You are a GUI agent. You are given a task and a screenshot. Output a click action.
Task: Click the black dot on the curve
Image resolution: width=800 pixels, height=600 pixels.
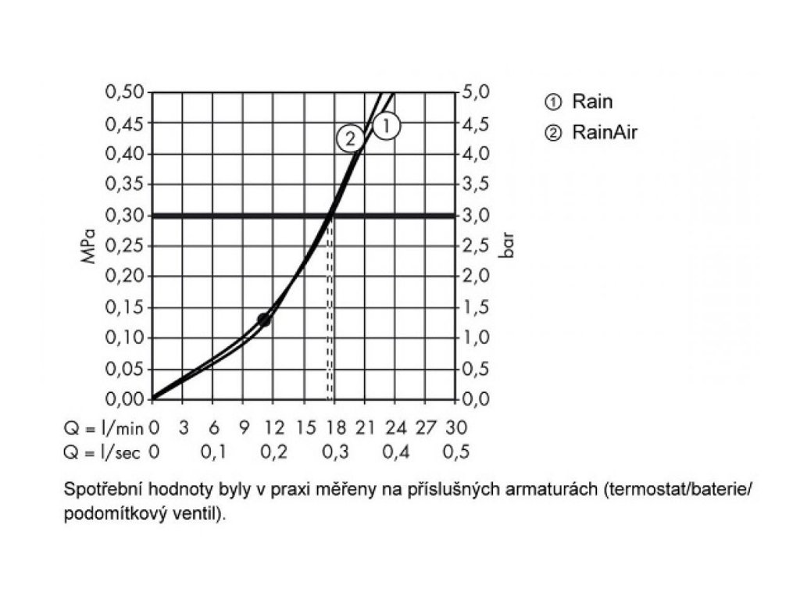(x=264, y=320)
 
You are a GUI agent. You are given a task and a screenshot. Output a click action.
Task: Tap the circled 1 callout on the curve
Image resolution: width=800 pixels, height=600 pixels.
(x=386, y=126)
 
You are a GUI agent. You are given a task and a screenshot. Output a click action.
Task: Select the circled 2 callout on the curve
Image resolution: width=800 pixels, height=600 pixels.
(x=349, y=139)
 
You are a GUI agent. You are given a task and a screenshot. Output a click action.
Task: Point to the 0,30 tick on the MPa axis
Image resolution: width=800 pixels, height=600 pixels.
(x=125, y=215)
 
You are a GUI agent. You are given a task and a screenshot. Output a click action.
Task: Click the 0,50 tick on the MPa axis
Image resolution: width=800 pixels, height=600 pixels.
(x=125, y=92)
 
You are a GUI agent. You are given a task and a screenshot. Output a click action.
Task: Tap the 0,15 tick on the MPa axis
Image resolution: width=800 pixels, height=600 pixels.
(x=125, y=307)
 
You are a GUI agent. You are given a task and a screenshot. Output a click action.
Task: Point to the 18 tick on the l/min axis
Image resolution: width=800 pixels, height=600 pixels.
(x=335, y=427)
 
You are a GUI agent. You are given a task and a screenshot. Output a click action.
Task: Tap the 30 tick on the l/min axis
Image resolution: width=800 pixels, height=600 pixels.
(x=456, y=427)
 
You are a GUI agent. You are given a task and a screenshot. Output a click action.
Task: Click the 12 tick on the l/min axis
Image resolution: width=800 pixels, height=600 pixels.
(x=274, y=427)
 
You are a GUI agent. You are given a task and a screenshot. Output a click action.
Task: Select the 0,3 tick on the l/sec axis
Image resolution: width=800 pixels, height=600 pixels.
(x=335, y=452)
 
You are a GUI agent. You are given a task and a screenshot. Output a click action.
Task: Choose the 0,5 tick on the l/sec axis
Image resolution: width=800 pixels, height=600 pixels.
(x=456, y=452)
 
